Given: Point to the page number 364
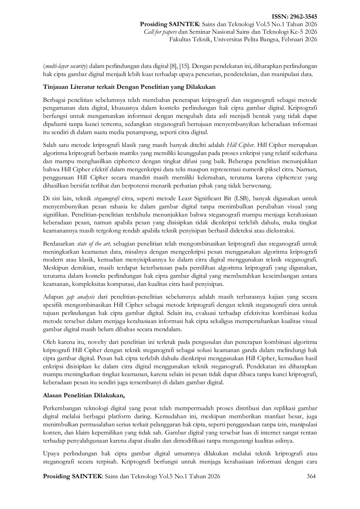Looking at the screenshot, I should (311, 476).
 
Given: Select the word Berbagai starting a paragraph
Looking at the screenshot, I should (54, 100).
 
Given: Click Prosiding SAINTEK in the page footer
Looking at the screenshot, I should (73, 476).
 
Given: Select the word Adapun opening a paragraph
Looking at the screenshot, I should (53, 297).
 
